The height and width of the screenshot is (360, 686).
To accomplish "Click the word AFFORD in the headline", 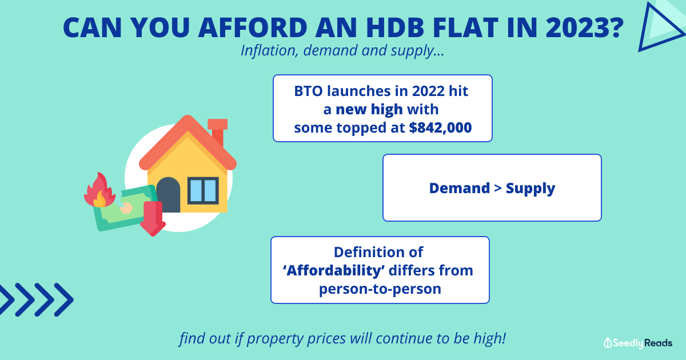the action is [x=253, y=27].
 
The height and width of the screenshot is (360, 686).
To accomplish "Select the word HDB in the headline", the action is [x=396, y=27].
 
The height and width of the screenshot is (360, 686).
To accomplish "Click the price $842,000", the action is [x=440, y=127].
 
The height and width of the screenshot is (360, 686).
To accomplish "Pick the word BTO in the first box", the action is [x=308, y=91].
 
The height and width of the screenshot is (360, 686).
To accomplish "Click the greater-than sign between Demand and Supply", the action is [x=498, y=188].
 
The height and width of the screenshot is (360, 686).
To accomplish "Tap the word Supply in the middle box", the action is [x=530, y=189].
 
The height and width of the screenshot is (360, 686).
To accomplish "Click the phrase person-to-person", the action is [x=380, y=289].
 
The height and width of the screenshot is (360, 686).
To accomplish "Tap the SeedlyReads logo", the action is [x=638, y=343].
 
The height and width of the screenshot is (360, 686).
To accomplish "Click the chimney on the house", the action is [x=218, y=131].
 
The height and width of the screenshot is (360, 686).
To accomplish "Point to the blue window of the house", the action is [x=203, y=190].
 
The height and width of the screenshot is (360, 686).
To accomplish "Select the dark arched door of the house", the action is [x=168, y=195].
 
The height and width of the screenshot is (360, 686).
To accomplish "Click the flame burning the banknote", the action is [x=99, y=190].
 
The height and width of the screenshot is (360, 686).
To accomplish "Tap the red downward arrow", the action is [x=153, y=218].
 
